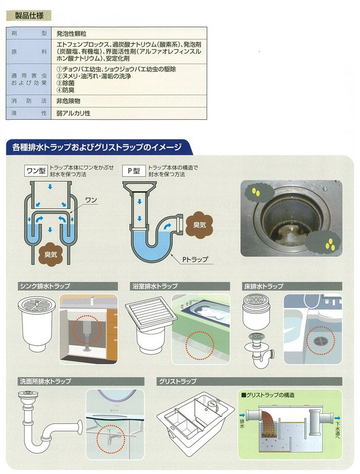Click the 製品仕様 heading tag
(x=29, y=16)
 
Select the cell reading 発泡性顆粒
(x=71, y=34)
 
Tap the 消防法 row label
(x=29, y=101)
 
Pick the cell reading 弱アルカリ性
(x=73, y=114)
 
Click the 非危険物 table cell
(x=68, y=101)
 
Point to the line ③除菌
(x=65, y=83)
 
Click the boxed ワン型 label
(x=36, y=171)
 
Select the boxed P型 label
(x=134, y=171)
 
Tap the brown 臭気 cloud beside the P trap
(x=199, y=225)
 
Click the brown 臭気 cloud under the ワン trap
(x=51, y=254)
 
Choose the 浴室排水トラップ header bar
(x=181, y=286)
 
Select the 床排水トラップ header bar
(x=292, y=286)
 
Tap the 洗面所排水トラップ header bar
(x=81, y=381)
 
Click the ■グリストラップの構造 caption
(x=267, y=395)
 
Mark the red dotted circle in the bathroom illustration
(x=200, y=345)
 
